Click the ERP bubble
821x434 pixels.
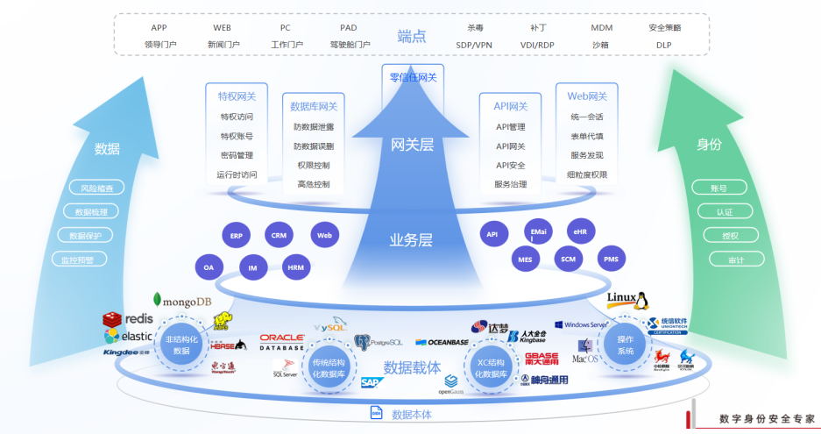click(x=236, y=236)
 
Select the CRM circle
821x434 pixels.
click(x=279, y=235)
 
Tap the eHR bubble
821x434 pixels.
click(x=580, y=233)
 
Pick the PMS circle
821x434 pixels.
click(x=611, y=260)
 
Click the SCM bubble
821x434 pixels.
click(x=568, y=260)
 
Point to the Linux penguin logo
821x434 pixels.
click(x=627, y=301)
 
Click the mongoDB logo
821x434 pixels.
click(x=182, y=301)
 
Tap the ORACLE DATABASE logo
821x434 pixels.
click(x=281, y=341)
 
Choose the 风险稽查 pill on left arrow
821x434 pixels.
click(x=96, y=188)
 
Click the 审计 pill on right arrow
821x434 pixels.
click(x=724, y=260)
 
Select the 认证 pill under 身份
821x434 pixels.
click(x=724, y=211)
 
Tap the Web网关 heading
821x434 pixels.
click(x=587, y=96)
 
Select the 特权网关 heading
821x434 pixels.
click(x=237, y=96)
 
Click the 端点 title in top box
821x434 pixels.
click(x=410, y=36)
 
